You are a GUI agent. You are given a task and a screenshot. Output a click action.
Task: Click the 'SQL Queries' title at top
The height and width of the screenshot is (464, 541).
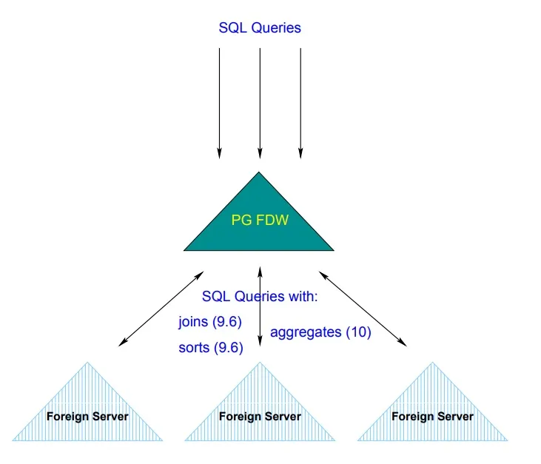pyautogui.click(x=260, y=28)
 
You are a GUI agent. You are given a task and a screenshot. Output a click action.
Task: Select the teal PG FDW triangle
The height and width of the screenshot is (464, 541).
pyautogui.click(x=259, y=229)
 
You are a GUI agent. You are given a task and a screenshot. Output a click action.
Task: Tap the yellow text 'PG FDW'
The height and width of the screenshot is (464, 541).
pyautogui.click(x=259, y=221)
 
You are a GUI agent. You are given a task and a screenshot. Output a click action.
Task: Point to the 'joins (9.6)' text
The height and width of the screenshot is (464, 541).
pyautogui.click(x=210, y=322)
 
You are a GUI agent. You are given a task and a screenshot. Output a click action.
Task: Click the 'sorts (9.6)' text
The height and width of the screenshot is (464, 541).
pyautogui.click(x=211, y=348)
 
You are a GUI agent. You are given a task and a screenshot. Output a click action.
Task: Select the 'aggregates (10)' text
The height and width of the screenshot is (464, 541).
pyautogui.click(x=320, y=332)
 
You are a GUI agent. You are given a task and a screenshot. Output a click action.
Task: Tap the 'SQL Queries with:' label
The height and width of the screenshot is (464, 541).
pyautogui.click(x=260, y=297)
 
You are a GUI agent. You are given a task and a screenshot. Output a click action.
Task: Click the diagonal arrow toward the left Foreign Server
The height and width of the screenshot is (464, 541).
pyautogui.click(x=158, y=306)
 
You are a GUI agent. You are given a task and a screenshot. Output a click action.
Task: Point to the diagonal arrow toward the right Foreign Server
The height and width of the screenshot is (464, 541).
pyautogui.click(x=363, y=306)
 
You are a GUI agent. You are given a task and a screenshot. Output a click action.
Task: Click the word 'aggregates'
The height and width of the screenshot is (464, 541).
pyautogui.click(x=306, y=333)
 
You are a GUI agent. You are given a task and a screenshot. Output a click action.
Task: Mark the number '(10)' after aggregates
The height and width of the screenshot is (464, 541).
pyautogui.click(x=358, y=332)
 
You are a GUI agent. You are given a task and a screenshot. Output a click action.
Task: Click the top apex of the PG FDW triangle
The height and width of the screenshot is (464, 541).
pyautogui.click(x=259, y=174)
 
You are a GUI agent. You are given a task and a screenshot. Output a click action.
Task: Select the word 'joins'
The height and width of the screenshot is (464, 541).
pyautogui.click(x=193, y=322)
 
